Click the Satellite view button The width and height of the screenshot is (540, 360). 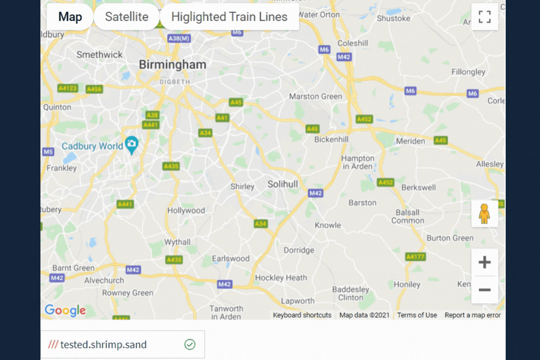[127, 17]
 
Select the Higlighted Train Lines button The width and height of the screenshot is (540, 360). [229, 17]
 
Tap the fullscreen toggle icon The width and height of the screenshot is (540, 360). [484, 17]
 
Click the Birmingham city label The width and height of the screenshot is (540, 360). [172, 65]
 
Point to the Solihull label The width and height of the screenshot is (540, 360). [283, 184]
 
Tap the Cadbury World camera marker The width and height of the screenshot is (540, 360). [132, 144]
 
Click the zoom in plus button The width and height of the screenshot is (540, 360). [484, 262]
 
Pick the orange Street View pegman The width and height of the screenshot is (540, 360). [484, 214]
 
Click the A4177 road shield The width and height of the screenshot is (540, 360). [415, 257]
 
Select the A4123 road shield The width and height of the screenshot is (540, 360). [67, 88]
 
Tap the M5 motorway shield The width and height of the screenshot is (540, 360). [48, 152]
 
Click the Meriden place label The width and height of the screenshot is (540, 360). [411, 141]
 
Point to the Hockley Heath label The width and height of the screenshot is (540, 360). [281, 278]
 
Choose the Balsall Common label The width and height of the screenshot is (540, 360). [408, 217]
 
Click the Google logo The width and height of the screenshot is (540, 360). [65, 311]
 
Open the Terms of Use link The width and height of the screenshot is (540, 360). [417, 315]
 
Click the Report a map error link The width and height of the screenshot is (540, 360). [473, 315]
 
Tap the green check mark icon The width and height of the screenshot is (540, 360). [190, 344]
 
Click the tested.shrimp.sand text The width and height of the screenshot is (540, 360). [103, 344]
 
